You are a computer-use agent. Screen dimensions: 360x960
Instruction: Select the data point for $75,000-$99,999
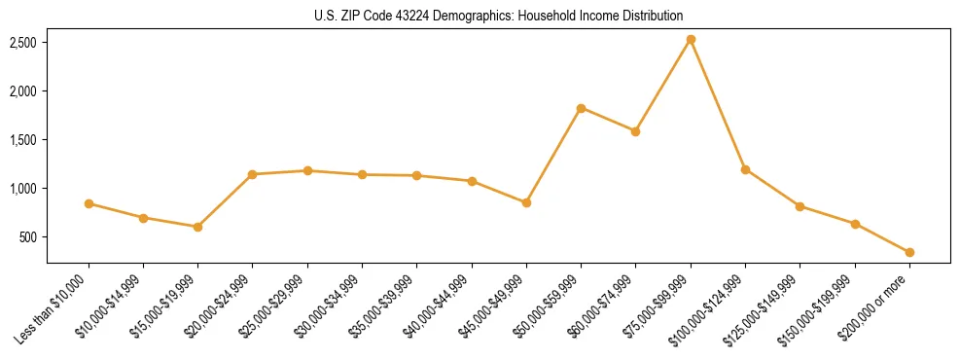click(691, 40)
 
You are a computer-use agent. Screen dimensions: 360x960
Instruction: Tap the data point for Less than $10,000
click(89, 203)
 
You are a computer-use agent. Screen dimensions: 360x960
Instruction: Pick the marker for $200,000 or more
click(909, 252)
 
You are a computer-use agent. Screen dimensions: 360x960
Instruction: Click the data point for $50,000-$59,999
click(581, 108)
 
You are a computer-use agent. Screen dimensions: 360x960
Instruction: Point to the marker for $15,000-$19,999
click(197, 227)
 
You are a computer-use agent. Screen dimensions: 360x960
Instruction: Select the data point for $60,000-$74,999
click(635, 131)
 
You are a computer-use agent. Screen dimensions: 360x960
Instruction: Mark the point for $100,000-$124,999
click(745, 169)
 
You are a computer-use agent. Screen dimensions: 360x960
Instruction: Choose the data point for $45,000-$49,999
click(526, 202)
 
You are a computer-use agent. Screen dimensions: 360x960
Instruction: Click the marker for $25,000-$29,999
click(307, 170)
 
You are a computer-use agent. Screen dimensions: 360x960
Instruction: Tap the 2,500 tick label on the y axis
click(23, 43)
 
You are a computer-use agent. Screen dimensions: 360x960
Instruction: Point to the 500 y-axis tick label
click(28, 237)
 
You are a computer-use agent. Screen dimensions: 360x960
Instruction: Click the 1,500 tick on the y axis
click(23, 140)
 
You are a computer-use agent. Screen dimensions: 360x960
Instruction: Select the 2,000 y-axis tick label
click(23, 91)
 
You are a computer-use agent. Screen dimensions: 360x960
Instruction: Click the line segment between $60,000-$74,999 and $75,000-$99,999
click(663, 86)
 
